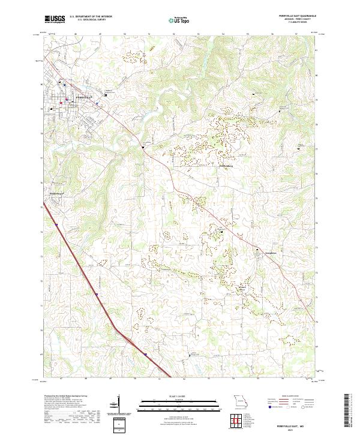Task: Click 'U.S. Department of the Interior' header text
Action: tap(91, 16)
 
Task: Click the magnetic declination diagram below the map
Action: tap(118, 405)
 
